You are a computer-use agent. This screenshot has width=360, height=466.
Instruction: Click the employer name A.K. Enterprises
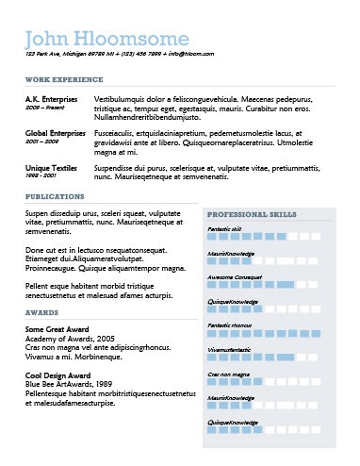[x=52, y=98]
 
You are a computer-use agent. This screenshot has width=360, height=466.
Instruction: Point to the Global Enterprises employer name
[x=57, y=134]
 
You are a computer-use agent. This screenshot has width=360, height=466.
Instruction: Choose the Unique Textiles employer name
[x=51, y=166]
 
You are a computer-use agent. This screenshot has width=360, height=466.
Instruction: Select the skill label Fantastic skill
[x=224, y=229]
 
